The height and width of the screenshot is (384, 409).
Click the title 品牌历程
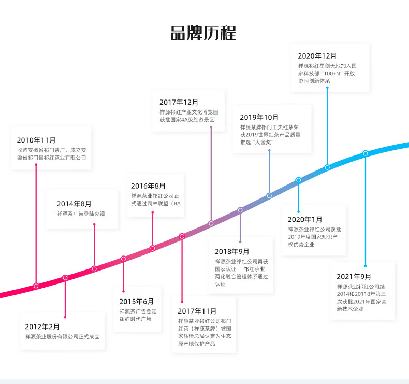203,32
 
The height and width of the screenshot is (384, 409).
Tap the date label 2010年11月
36,140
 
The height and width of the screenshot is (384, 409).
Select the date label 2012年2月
42,326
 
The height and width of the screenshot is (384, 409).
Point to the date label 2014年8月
74,204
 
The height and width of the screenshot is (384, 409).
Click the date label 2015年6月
137,301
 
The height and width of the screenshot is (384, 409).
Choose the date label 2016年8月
148,186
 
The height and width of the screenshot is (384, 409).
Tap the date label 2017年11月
197,311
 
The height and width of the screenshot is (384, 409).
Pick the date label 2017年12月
179,102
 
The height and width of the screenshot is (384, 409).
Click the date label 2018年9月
232,251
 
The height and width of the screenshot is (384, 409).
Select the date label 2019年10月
259,117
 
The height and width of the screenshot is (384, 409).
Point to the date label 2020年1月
305,219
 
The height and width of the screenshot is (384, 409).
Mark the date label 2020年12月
317,56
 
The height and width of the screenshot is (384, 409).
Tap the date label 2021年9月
354,276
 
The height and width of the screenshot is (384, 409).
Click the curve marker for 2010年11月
36,286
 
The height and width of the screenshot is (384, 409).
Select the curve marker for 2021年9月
366,153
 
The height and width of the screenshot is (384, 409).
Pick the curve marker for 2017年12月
211,223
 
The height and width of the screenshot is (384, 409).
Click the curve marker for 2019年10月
269,195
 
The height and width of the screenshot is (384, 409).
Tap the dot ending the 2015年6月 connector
123,292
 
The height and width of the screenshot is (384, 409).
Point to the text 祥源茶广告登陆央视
81,214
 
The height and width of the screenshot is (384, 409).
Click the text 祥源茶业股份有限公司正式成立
62,337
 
